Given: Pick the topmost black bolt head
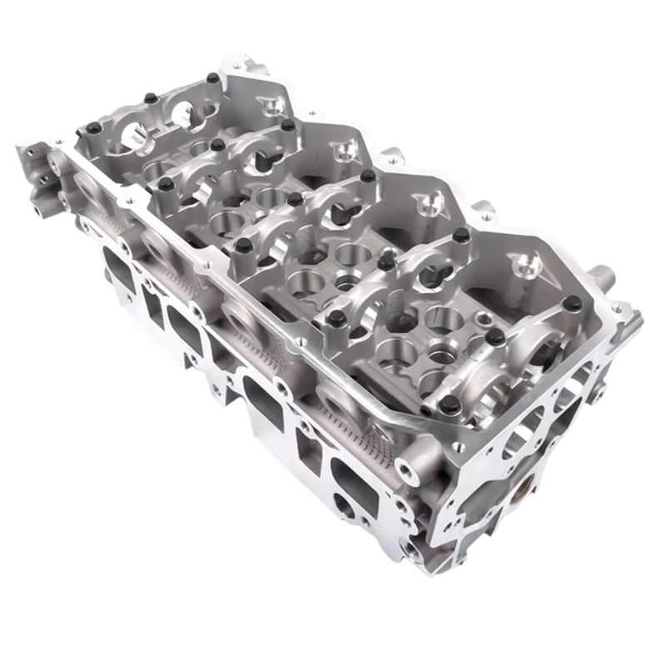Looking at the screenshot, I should (213, 78).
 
